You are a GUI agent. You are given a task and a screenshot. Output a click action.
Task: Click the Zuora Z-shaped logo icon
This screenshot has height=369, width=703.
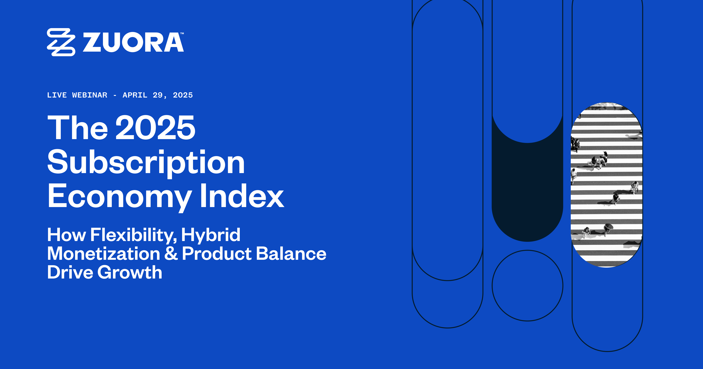(61, 42)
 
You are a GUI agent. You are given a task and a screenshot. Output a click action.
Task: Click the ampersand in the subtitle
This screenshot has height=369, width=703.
(171, 254)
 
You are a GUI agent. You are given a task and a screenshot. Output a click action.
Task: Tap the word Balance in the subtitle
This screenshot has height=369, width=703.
(291, 254)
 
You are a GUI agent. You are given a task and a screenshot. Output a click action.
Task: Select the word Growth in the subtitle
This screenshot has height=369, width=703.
(130, 272)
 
